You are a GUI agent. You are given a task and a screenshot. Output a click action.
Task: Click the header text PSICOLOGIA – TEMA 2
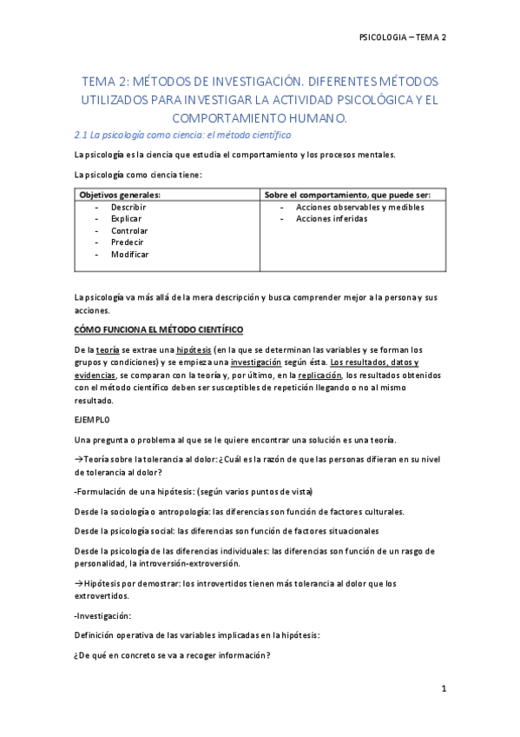point(402,37)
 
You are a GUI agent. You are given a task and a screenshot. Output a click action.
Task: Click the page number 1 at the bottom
point(443,689)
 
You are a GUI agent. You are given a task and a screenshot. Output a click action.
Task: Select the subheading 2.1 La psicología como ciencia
point(182,136)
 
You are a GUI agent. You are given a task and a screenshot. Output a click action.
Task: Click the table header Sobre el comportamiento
point(353,196)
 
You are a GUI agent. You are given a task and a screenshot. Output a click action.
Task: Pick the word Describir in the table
point(128,208)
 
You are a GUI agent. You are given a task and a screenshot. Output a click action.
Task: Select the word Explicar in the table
point(126,219)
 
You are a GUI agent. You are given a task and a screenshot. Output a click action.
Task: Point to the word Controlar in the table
point(129,231)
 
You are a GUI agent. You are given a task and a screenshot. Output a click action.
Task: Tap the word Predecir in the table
point(128,242)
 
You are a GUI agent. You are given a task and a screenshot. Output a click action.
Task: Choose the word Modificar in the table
point(130,255)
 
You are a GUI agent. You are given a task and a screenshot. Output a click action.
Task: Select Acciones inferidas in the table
point(332,219)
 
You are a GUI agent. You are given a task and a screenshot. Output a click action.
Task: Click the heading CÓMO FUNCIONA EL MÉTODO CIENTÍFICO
point(159,329)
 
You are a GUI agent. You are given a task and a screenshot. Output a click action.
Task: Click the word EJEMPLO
point(93,419)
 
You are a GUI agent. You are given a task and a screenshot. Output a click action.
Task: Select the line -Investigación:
point(103,616)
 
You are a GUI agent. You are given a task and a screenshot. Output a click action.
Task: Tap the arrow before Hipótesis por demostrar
point(78,583)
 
